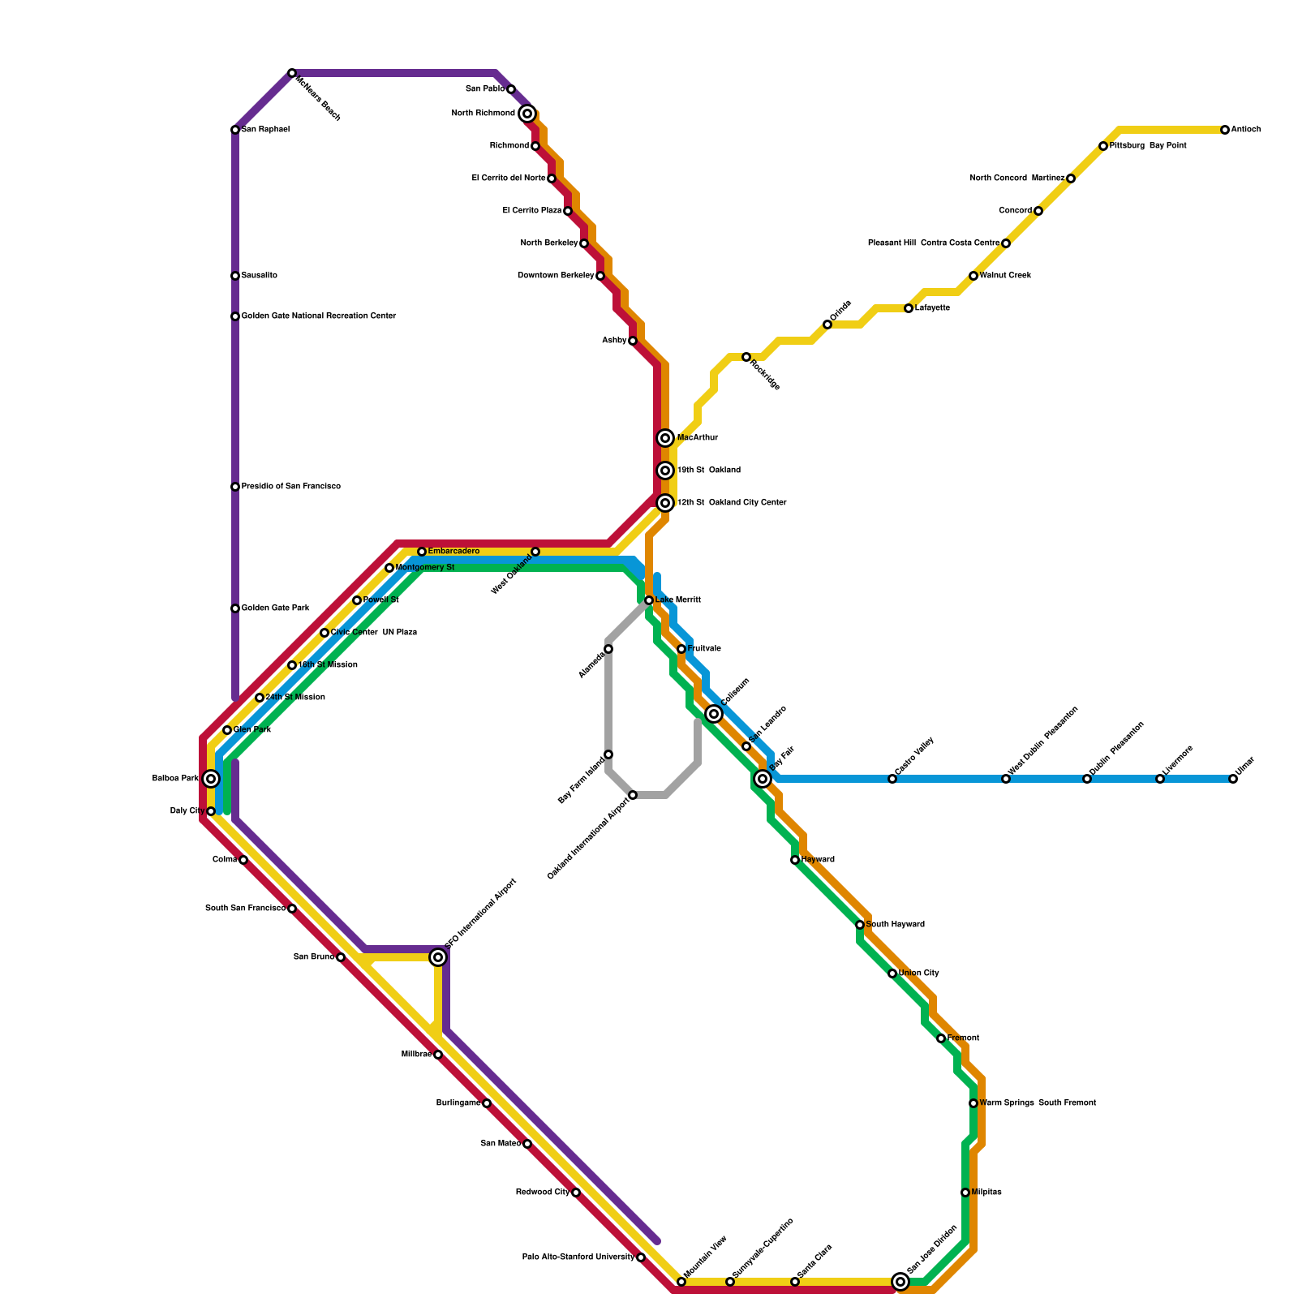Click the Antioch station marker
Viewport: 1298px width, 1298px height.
pyautogui.click(x=1225, y=130)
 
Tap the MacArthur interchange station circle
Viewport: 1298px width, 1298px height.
pyautogui.click(x=665, y=438)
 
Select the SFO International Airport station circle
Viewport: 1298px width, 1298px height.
pyautogui.click(x=438, y=957)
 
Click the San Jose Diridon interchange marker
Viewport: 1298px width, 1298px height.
pyautogui.click(x=900, y=1282)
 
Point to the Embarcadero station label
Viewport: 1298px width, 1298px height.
pyautogui.click(x=453, y=552)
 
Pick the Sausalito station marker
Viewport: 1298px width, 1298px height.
pyautogui.click(x=235, y=276)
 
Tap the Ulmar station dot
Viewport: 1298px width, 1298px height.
pyautogui.click(x=1233, y=779)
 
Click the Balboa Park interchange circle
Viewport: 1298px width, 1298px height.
pyautogui.click(x=211, y=779)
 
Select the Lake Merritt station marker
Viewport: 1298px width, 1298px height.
pyautogui.click(x=649, y=600)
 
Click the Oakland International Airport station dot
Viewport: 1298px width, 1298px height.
pyautogui.click(x=633, y=795)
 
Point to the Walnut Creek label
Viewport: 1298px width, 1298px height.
pyautogui.click(x=1005, y=276)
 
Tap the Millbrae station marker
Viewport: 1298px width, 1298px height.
pyautogui.click(x=438, y=1055)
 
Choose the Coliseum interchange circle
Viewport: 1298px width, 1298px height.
pyautogui.click(x=714, y=714)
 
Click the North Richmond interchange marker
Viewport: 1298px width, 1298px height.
pyautogui.click(x=527, y=114)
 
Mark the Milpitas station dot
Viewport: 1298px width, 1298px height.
pyautogui.click(x=965, y=1193)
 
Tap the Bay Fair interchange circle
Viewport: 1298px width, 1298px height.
pyautogui.click(x=763, y=779)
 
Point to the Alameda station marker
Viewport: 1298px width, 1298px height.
pyautogui.click(x=608, y=649)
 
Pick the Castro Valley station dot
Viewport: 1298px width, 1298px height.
pyautogui.click(x=892, y=779)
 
